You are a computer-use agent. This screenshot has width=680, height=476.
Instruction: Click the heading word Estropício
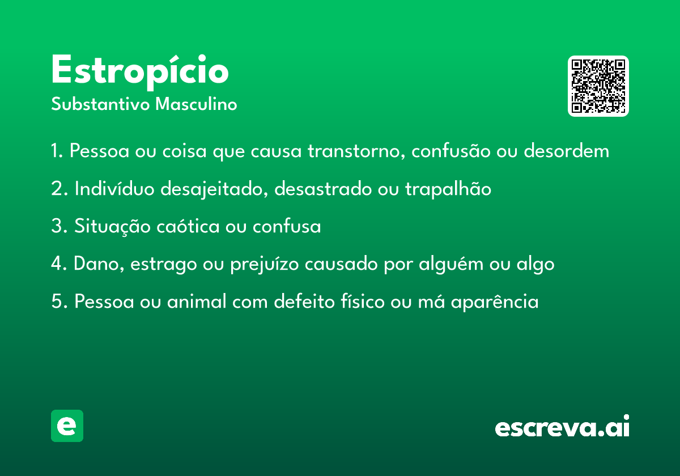pos(140,72)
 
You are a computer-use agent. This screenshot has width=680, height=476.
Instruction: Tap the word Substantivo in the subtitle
pos(100,104)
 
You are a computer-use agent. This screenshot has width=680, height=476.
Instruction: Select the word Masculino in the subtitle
pos(196,104)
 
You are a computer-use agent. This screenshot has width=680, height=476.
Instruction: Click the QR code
pos(598,86)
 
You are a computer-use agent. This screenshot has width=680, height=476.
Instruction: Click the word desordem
pos(567,150)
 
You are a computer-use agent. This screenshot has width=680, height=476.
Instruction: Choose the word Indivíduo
pos(114,188)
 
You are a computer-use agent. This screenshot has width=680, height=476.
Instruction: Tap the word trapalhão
pos(448,189)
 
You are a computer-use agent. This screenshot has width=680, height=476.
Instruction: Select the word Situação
pos(112,226)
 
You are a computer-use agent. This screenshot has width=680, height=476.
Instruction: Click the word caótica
pos(188,226)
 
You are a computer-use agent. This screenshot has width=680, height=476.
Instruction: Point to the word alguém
pos(451,263)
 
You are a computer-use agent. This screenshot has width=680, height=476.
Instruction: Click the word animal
pos(197,301)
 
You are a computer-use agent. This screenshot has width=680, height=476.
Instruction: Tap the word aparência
pos(495,302)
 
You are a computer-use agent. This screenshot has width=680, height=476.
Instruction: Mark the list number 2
pos(59,188)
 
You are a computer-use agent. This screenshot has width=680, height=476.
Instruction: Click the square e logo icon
pos(67,426)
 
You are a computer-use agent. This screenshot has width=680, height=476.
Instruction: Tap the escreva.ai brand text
pos(562,426)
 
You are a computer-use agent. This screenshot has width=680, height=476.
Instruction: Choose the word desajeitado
pos(214,189)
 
